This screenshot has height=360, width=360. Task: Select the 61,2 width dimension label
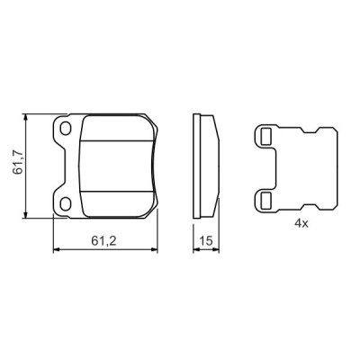coord(107,240)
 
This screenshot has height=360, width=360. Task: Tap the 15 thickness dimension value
coord(205,240)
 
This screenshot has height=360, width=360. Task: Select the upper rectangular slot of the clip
coord(265,137)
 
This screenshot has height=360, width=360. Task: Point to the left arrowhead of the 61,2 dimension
coord(58,249)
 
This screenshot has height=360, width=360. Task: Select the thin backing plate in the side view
coord(199,166)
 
